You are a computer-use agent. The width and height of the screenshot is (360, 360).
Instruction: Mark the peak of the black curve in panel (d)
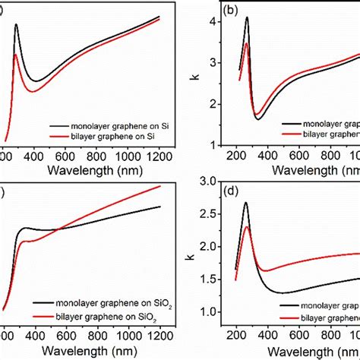(x=246, y=203)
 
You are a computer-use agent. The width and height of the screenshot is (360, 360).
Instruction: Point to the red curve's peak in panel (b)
(x=246, y=43)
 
